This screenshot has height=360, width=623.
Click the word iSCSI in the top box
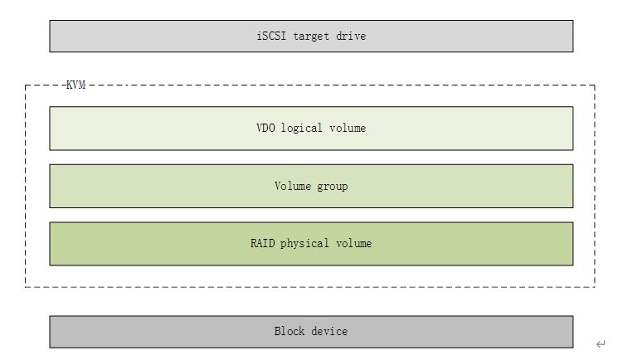point(271,36)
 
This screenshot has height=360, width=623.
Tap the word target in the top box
point(311,36)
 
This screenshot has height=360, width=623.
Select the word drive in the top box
point(351,36)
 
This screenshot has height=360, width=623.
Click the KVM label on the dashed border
point(75,85)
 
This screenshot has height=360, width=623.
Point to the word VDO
point(265,128)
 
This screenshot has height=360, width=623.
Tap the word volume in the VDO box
point(348,128)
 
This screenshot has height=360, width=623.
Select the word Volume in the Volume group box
point(293,186)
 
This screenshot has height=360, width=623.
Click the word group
point(332,187)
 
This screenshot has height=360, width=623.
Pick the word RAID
point(263,243)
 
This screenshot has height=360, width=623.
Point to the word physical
point(304,244)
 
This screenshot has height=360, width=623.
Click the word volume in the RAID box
point(354,243)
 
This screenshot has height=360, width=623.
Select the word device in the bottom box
point(329,331)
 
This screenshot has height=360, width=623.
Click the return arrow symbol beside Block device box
point(601,343)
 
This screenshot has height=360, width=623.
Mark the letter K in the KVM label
point(70,85)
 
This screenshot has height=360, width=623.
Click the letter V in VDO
point(260,128)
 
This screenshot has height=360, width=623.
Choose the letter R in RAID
point(254,243)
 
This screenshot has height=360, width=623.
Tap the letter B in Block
point(278,331)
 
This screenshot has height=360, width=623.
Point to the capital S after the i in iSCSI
point(265,36)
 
